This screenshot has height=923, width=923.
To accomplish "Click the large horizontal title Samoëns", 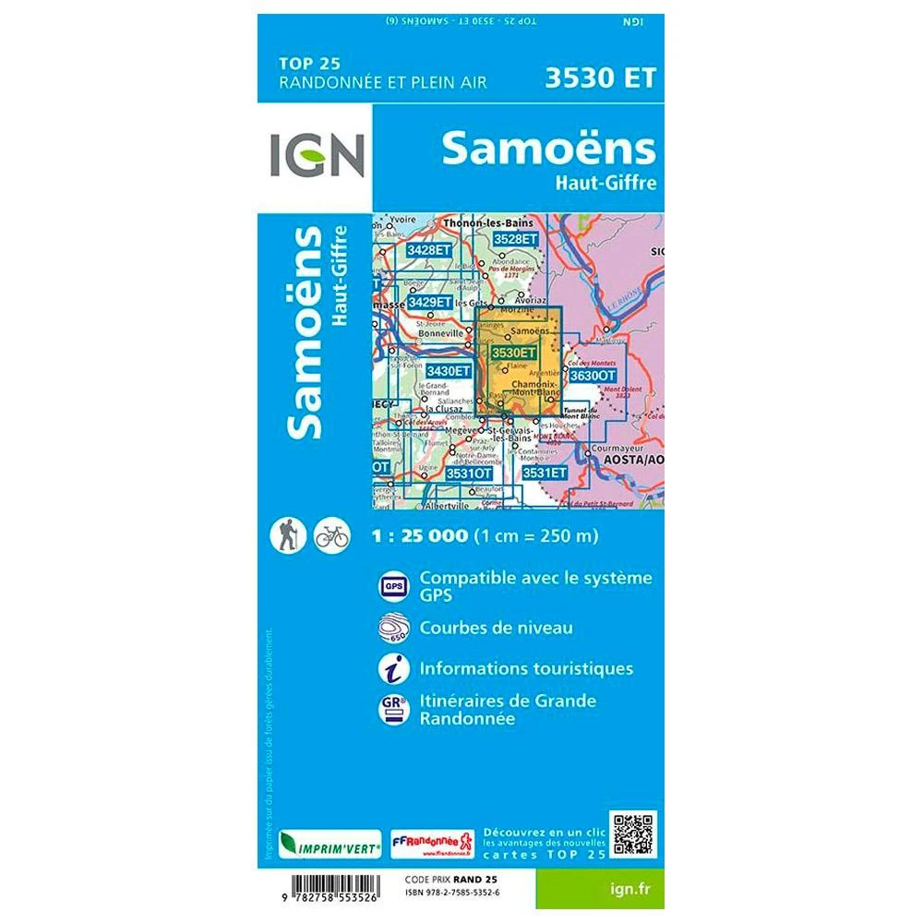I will (x=548, y=148).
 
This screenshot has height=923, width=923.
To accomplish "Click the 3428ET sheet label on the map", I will (x=429, y=250).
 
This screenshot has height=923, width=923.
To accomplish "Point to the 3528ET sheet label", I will (x=514, y=238).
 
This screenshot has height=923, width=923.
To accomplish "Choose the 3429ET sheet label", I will (x=430, y=302).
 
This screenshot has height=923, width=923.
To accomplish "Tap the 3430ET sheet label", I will (x=449, y=371).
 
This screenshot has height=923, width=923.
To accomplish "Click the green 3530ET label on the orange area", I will (x=513, y=353).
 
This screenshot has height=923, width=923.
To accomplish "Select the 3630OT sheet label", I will (x=592, y=376).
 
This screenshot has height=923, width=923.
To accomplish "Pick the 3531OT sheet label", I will (x=469, y=473).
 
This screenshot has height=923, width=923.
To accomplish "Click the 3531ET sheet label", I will (x=544, y=473).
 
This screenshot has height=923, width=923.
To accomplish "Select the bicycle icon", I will (x=331, y=535).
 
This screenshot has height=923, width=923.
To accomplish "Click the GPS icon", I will (x=391, y=586).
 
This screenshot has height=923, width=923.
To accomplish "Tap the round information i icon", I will (x=391, y=667).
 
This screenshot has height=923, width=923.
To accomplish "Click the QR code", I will (x=632, y=834).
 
